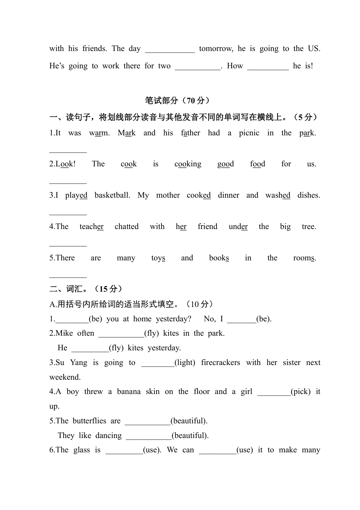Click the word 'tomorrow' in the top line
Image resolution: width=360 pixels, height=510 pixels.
click(216, 49)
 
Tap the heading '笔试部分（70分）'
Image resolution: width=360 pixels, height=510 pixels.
click(178, 100)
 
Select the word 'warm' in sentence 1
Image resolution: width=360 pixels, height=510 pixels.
click(99, 133)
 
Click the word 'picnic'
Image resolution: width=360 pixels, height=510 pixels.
click(249, 133)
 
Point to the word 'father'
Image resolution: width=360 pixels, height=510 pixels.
click(190, 133)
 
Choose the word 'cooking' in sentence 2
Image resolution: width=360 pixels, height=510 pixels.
click(188, 164)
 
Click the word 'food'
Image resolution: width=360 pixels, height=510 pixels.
click(257, 164)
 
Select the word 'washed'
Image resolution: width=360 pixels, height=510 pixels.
click(278, 195)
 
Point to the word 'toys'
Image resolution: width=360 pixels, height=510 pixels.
click(158, 258)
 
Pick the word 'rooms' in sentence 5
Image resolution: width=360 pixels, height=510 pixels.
click(304, 258)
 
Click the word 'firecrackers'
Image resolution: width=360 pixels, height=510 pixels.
click(220, 363)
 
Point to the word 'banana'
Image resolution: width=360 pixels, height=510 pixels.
click(129, 392)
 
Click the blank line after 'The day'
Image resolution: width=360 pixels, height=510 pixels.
click(170, 51)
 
